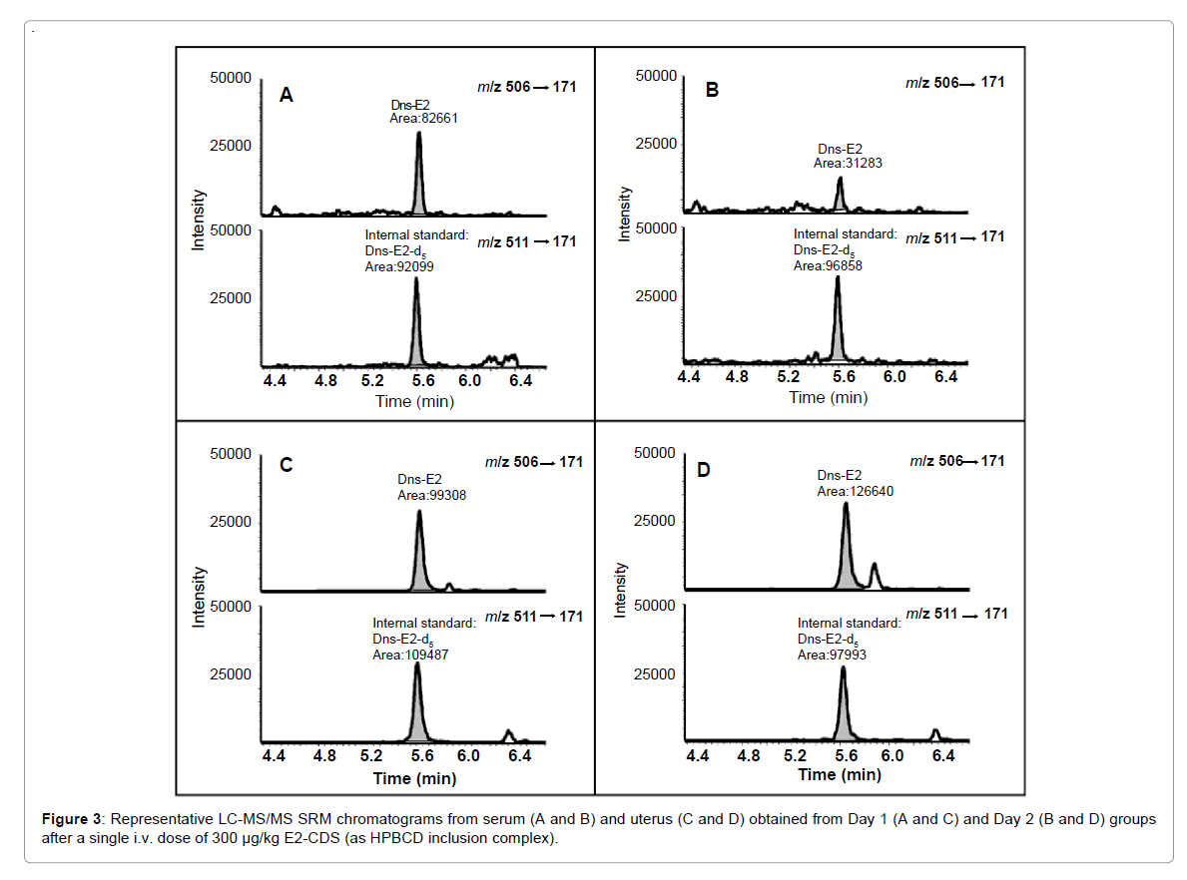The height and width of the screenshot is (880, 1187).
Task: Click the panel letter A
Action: pyautogui.click(x=286, y=96)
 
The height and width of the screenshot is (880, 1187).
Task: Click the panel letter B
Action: pyautogui.click(x=712, y=90)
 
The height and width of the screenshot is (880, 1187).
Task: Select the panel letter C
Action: pyautogui.click(x=286, y=465)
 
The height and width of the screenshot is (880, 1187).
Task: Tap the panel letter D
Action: pyautogui.click(x=703, y=469)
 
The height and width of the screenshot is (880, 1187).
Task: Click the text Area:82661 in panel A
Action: pyautogui.click(x=423, y=118)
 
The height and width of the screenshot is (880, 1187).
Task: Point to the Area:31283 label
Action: pyautogui.click(x=848, y=164)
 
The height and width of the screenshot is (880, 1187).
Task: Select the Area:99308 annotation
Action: pyautogui.click(x=431, y=494)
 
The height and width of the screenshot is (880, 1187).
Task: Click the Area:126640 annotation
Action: pyautogui.click(x=855, y=491)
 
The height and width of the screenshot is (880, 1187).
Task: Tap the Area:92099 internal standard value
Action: pyautogui.click(x=399, y=267)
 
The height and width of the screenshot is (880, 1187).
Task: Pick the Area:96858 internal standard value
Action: pyautogui.click(x=827, y=266)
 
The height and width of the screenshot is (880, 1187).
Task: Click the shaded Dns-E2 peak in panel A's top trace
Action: pyautogui.click(x=420, y=185)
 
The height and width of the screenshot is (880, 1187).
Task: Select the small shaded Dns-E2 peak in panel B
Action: pyautogui.click(x=840, y=198)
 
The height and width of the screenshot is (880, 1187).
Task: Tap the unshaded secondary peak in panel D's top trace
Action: pyautogui.click(x=875, y=576)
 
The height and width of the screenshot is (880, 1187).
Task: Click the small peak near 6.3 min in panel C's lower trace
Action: pyautogui.click(x=508, y=735)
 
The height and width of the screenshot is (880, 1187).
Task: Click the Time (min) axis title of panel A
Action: pyautogui.click(x=414, y=401)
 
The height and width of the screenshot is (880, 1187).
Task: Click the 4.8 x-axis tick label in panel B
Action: pyautogui.click(x=737, y=377)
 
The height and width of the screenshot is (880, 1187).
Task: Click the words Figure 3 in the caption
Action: pyautogui.click(x=70, y=819)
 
